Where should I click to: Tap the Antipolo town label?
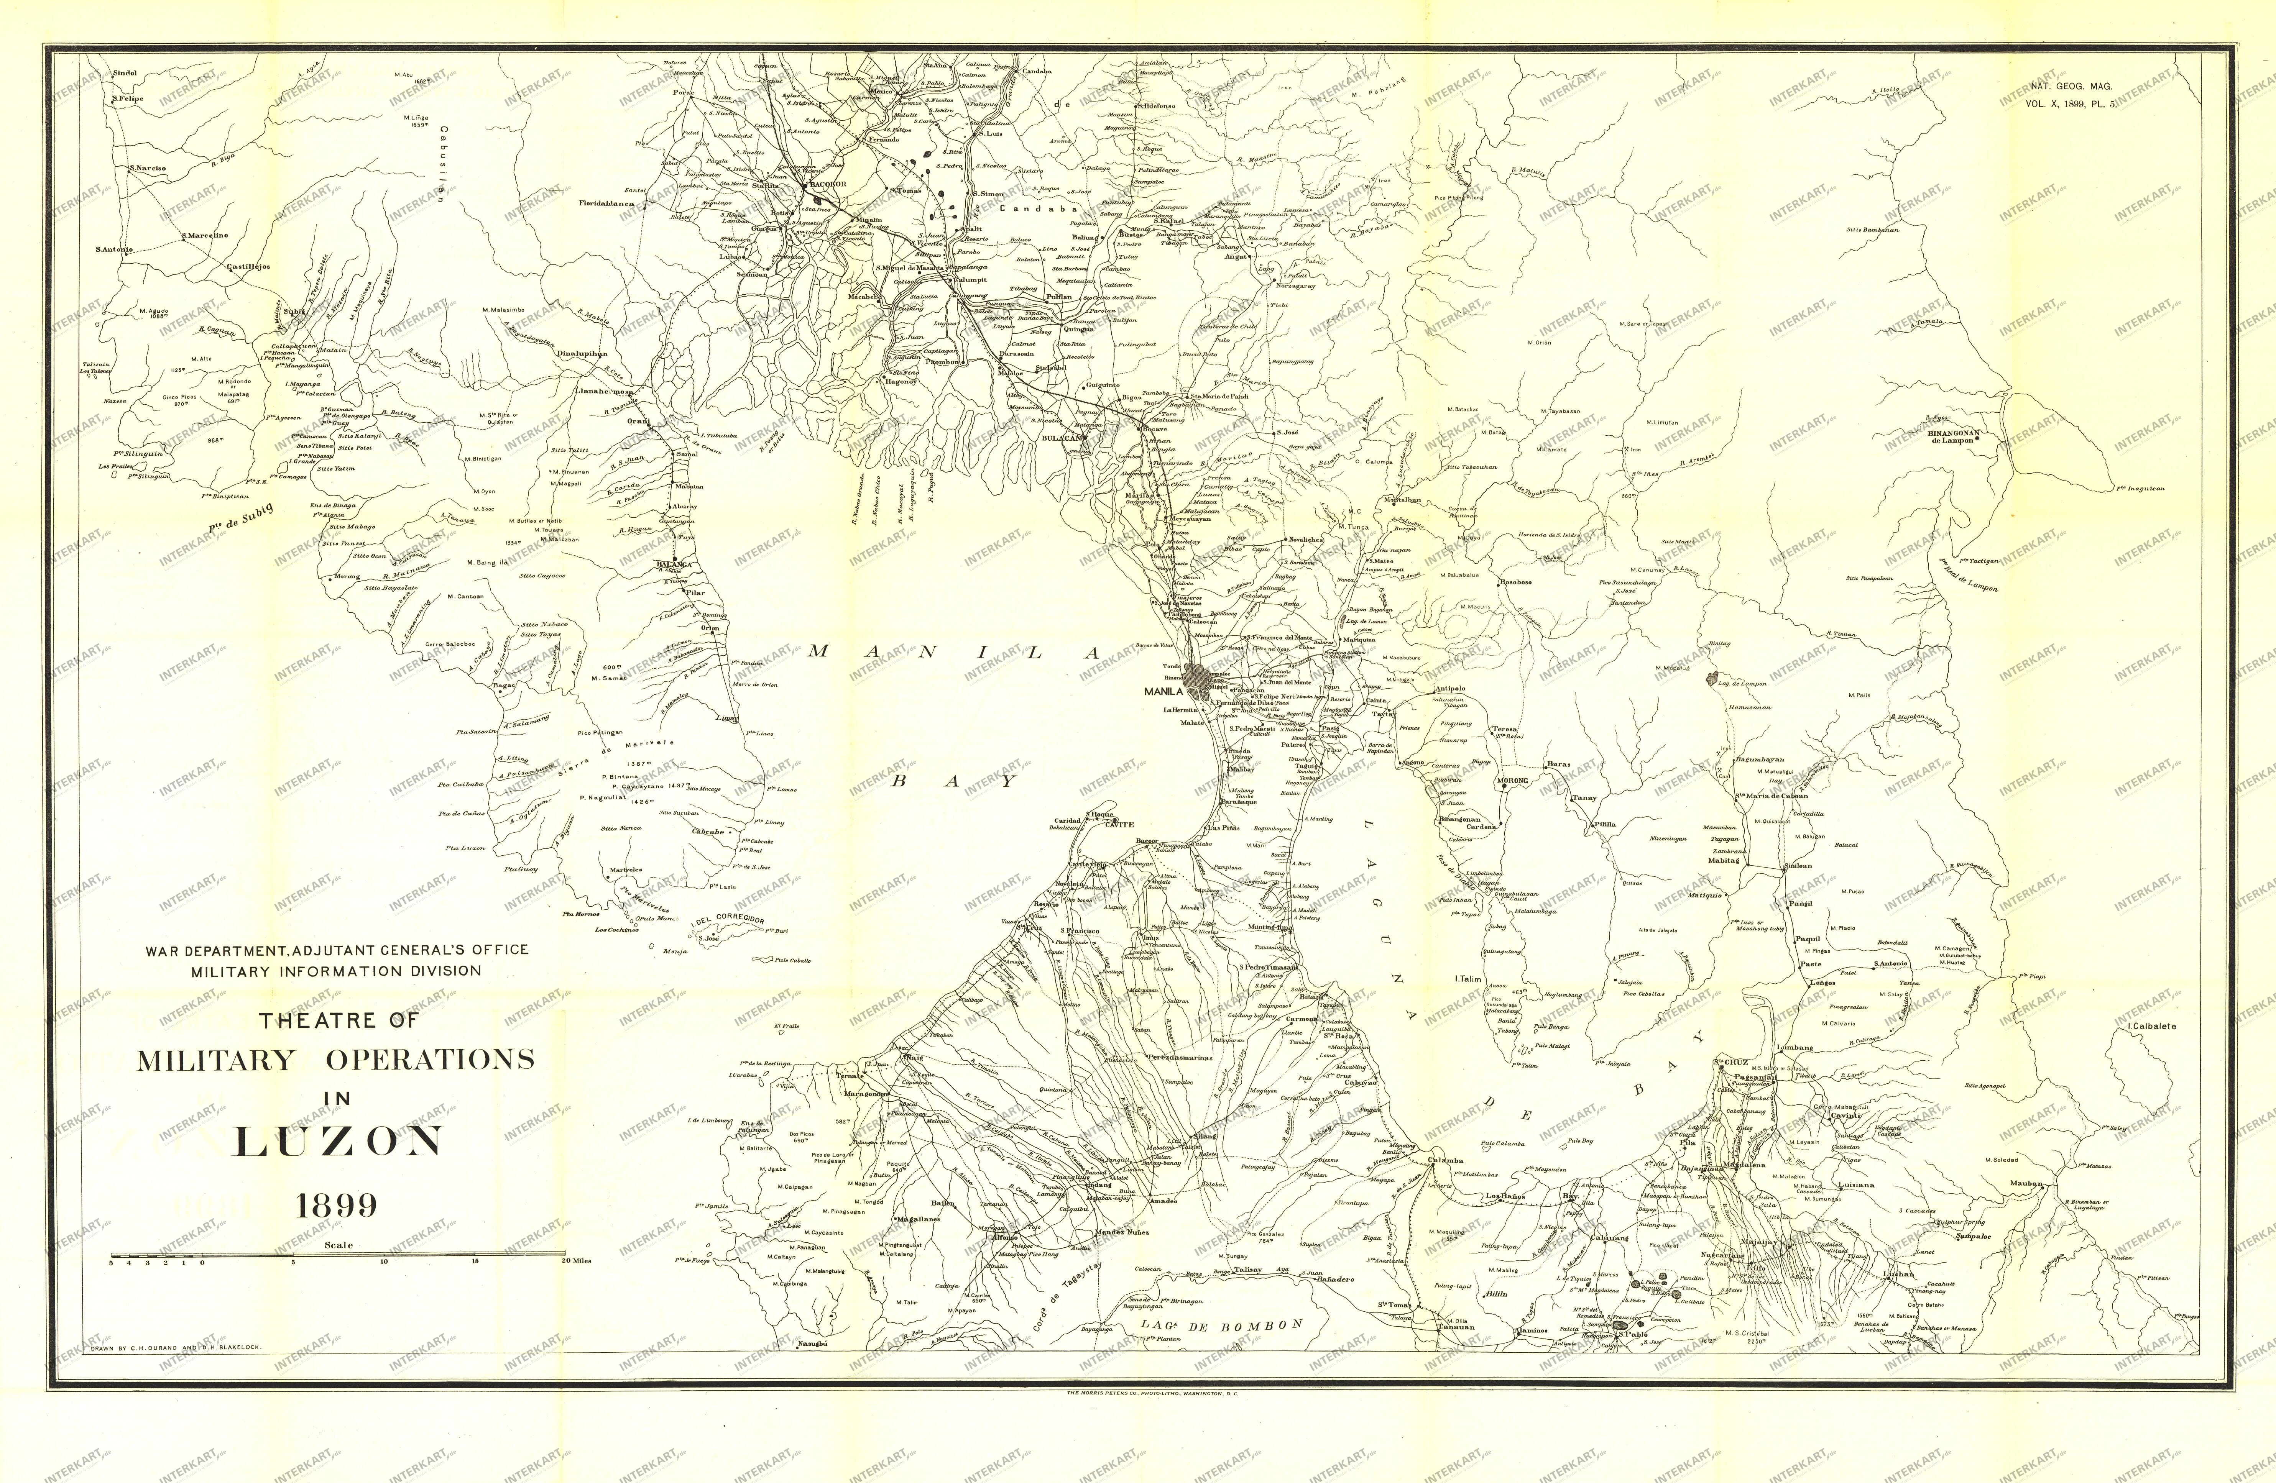(1451, 689)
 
